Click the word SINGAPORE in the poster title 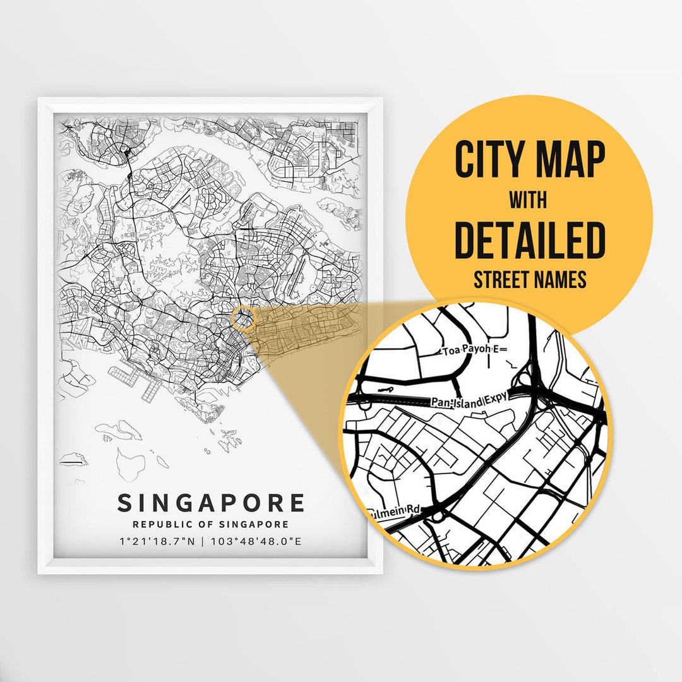click(x=211, y=503)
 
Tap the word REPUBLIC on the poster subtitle click(x=159, y=524)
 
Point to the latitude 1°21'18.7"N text click(x=156, y=541)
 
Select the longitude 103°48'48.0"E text click(x=257, y=541)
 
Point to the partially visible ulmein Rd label click(x=400, y=508)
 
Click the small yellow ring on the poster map click(x=244, y=318)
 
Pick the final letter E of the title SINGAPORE click(x=296, y=503)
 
